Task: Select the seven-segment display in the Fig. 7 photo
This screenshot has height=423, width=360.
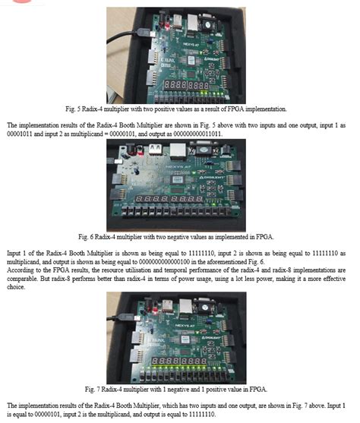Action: (x=182, y=357)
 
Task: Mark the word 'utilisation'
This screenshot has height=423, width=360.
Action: (x=172, y=270)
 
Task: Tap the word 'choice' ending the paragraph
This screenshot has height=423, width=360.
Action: (x=19, y=286)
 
